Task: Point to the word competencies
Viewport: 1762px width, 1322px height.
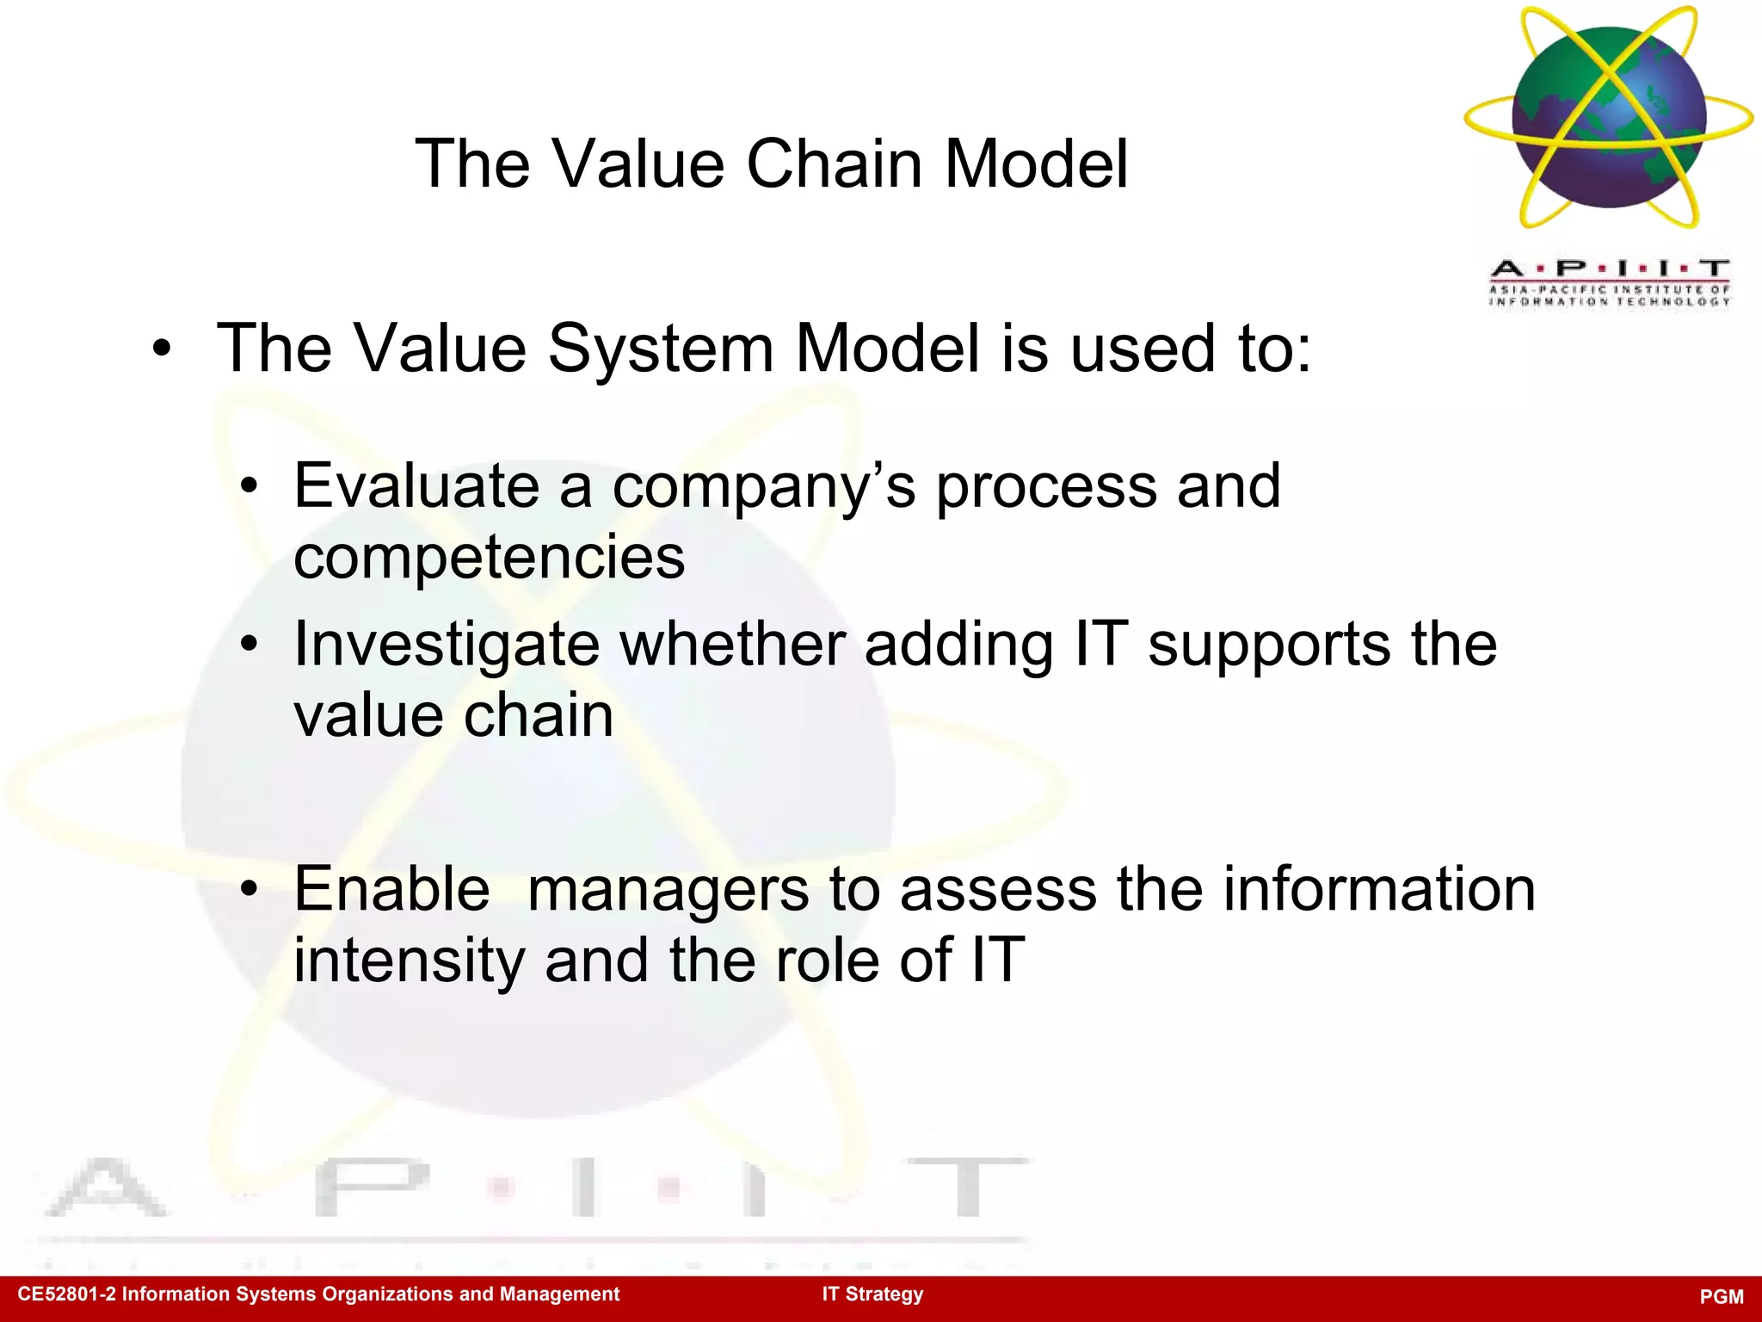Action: [489, 558]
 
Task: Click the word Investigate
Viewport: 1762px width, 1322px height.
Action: [447, 646]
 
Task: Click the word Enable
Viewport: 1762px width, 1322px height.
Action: [391, 889]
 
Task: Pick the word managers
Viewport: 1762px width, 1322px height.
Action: [668, 891]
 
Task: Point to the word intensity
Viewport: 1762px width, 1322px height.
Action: [409, 961]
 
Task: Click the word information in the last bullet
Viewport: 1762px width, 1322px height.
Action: [1379, 889]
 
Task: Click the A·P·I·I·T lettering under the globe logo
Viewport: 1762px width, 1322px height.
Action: [1609, 269]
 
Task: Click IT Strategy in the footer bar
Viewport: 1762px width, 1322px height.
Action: [872, 1294]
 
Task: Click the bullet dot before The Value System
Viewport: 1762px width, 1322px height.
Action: [161, 350]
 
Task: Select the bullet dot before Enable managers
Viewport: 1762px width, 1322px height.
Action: [249, 890]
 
